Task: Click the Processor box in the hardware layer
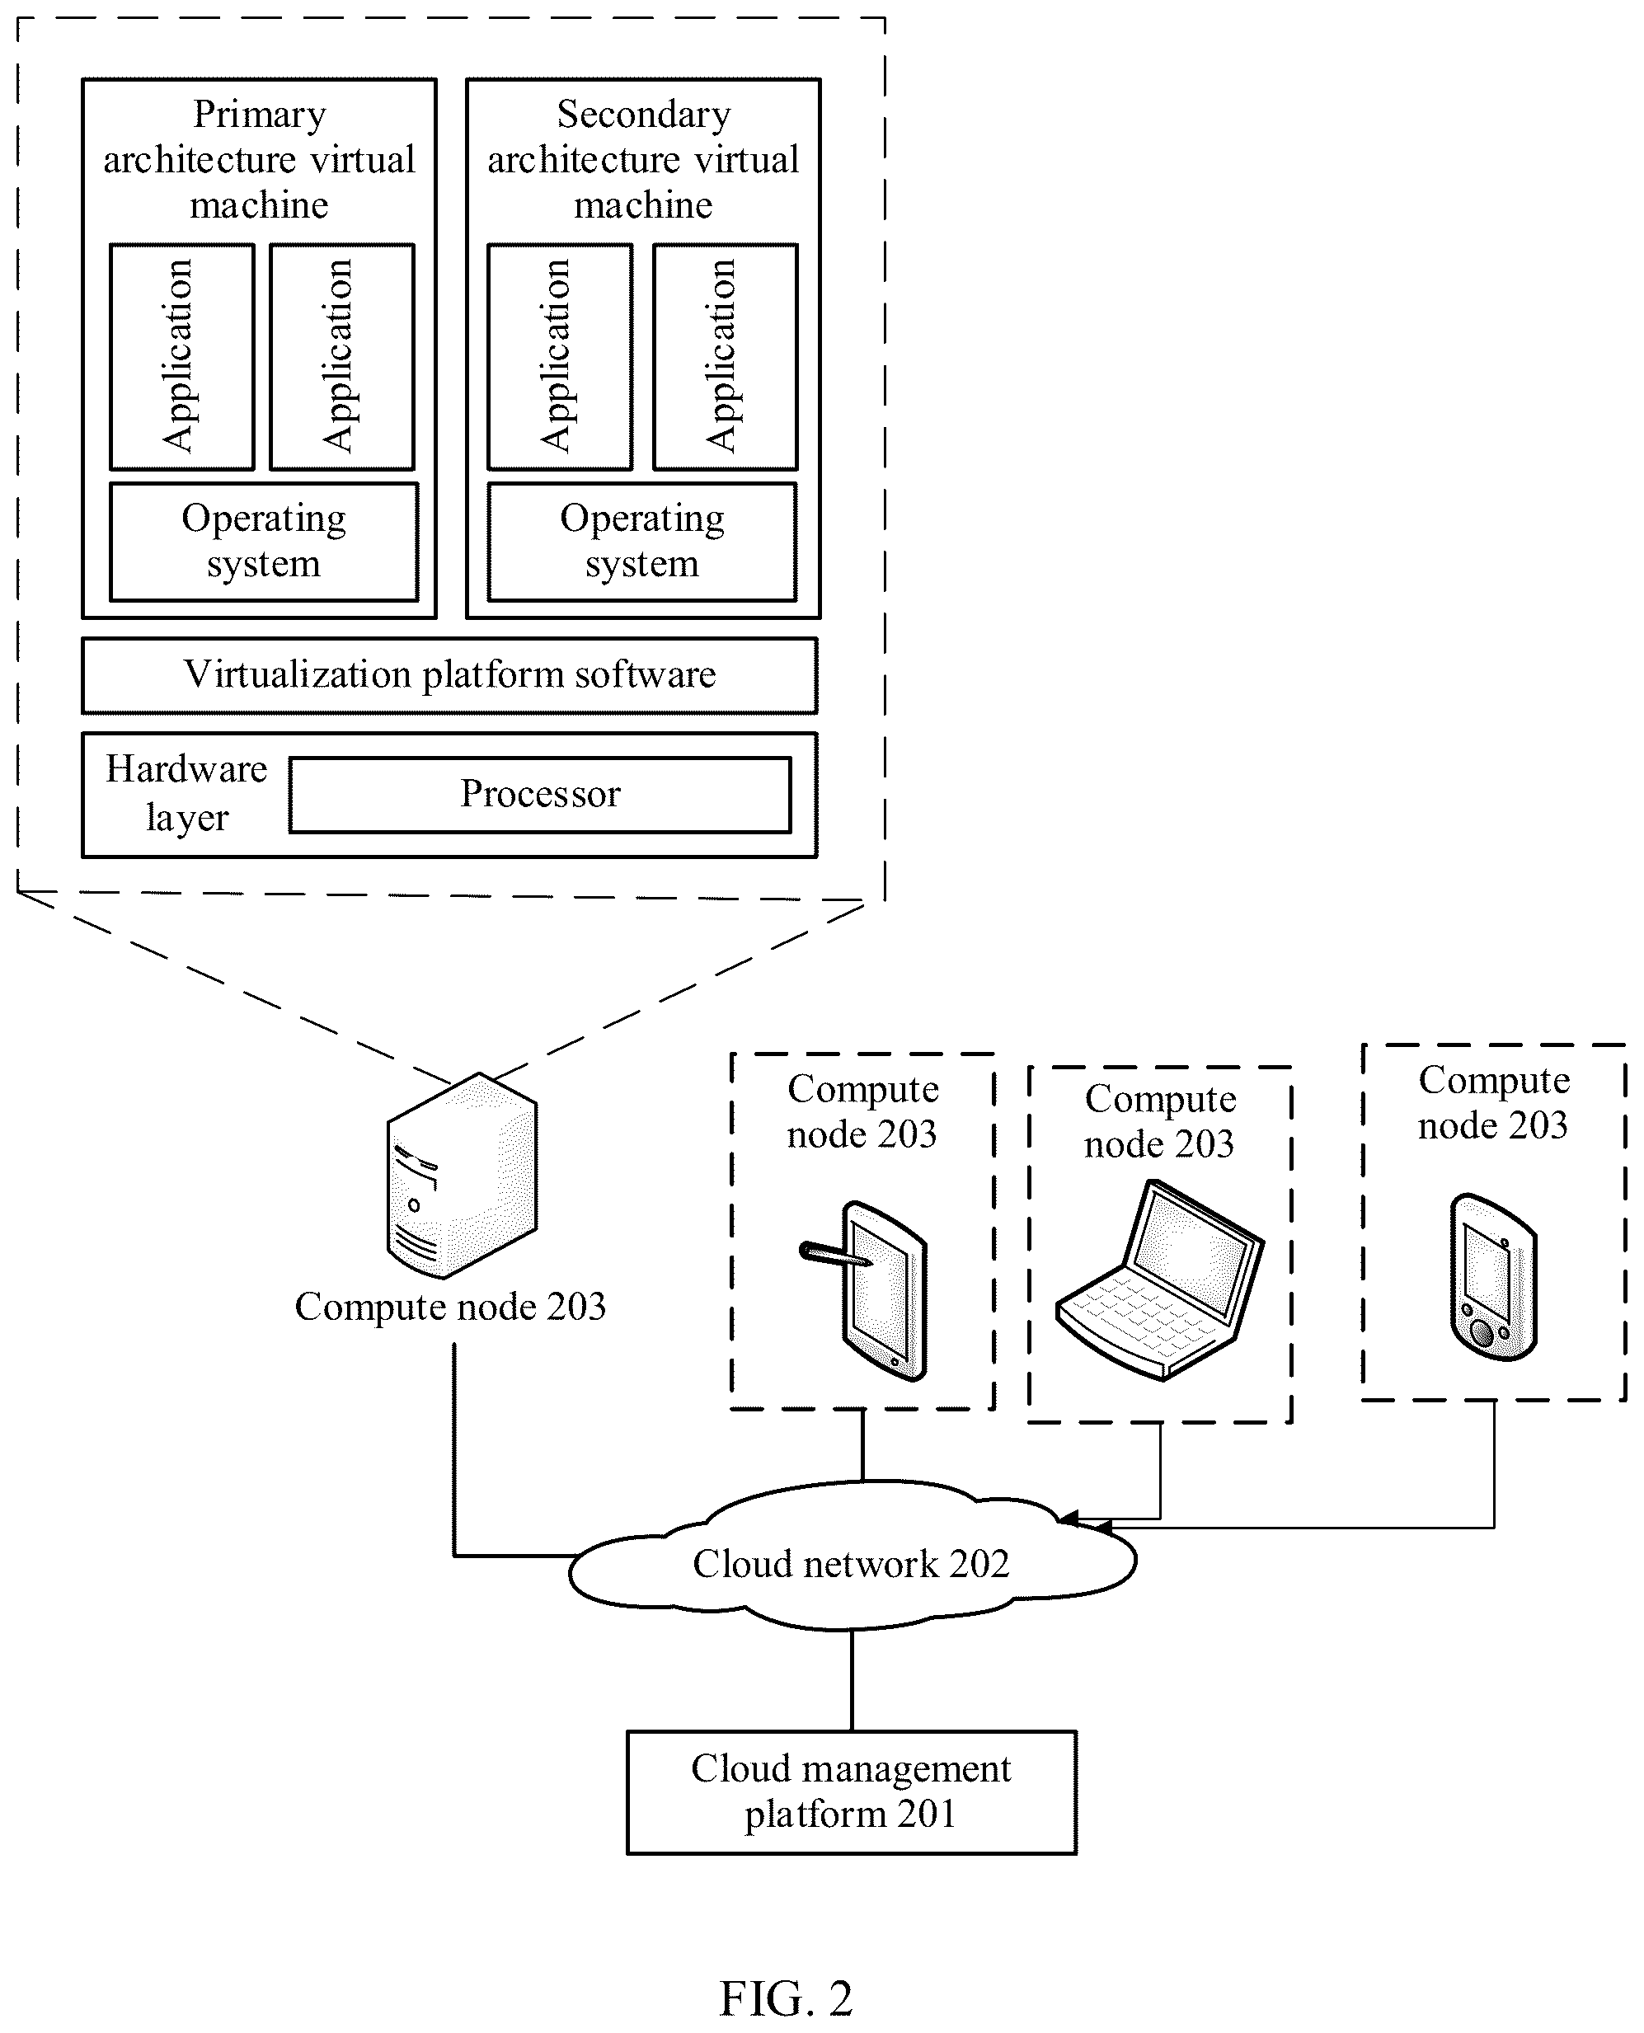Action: click(540, 795)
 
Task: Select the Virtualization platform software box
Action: click(450, 675)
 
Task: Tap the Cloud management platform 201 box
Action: click(852, 1792)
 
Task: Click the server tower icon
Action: click(463, 1176)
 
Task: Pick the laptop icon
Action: click(1160, 1279)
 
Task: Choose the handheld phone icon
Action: click(1493, 1276)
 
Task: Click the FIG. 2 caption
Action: click(786, 1999)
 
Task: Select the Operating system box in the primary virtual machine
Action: click(263, 542)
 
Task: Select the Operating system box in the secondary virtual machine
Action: click(642, 542)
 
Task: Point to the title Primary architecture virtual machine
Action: click(260, 159)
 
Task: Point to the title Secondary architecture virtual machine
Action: click(643, 159)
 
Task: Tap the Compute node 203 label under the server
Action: click(450, 1307)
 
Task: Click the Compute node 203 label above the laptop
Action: click(1160, 1121)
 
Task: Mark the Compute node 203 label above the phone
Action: click(1493, 1102)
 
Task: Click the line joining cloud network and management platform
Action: click(852, 1681)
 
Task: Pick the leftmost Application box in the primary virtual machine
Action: click(182, 357)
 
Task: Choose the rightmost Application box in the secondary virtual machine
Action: click(726, 357)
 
